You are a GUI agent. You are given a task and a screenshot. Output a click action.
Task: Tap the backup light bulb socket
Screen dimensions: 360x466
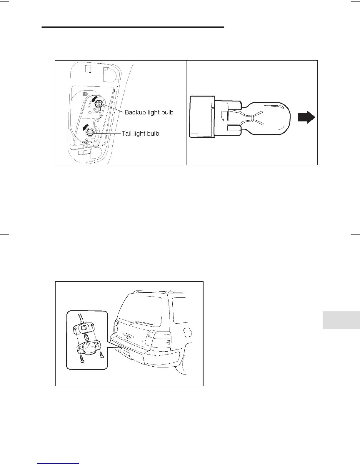click(x=99, y=103)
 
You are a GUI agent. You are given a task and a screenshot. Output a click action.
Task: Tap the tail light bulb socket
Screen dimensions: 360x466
click(x=90, y=133)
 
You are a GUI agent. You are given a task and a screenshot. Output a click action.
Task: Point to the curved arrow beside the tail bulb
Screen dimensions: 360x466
click(x=85, y=127)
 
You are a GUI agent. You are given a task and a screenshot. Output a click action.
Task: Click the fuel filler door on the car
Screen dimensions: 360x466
click(x=187, y=332)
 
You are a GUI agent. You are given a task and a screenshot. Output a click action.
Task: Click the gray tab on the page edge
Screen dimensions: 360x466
click(x=341, y=320)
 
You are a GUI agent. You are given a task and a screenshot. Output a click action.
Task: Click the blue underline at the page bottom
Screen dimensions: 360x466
click(x=59, y=464)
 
